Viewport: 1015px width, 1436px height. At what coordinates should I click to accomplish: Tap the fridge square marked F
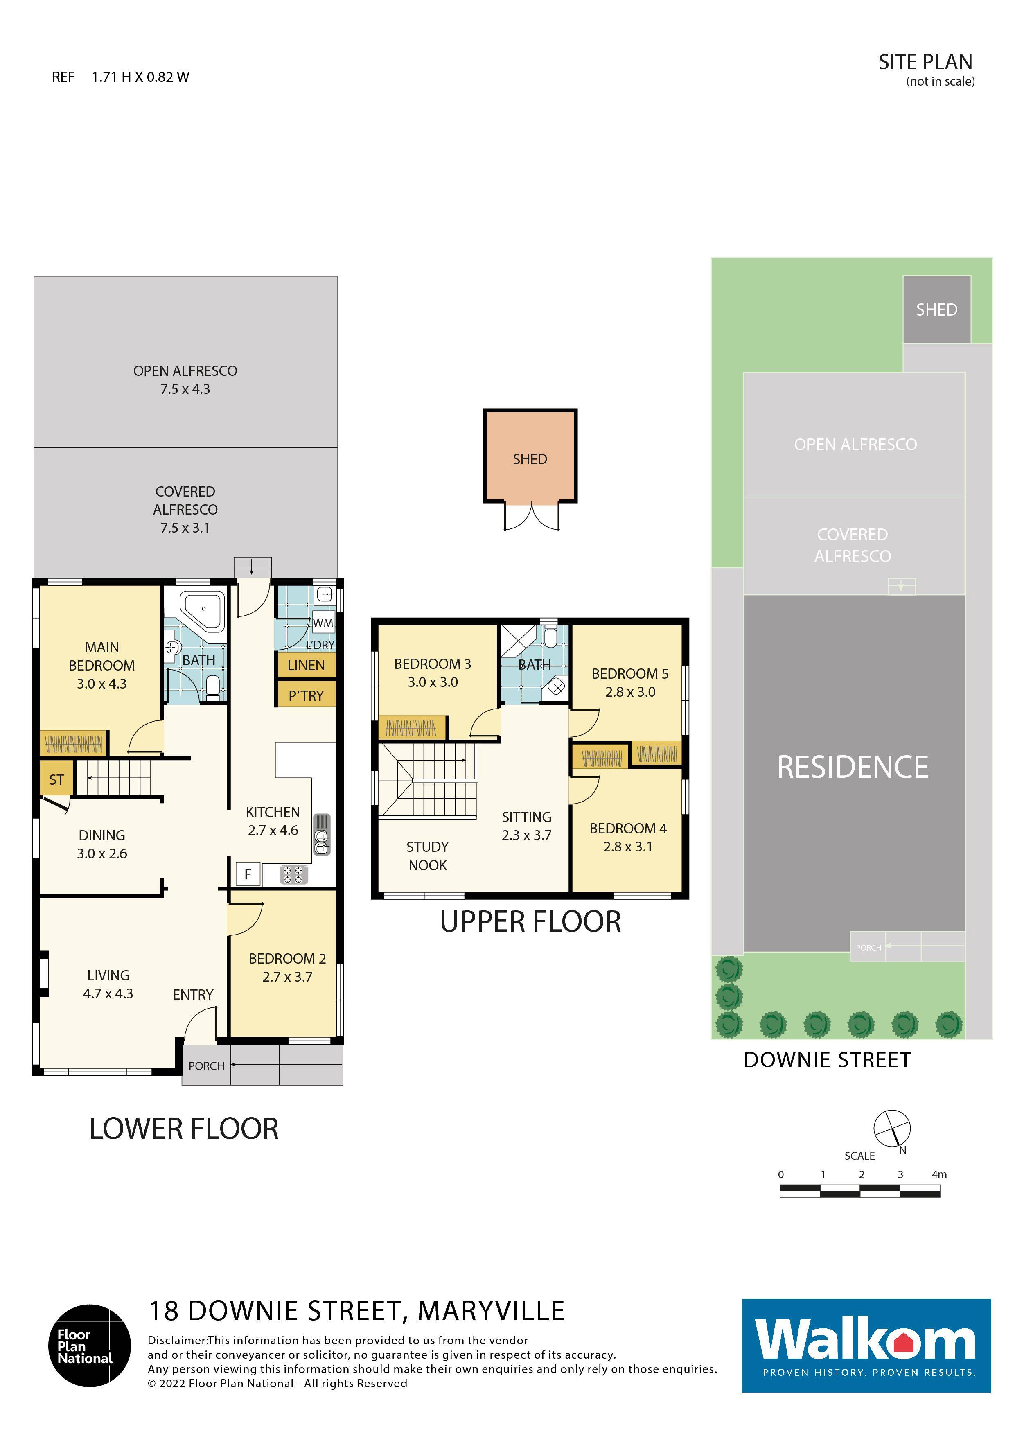click(248, 874)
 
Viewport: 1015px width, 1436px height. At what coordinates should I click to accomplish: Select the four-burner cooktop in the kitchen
click(293, 874)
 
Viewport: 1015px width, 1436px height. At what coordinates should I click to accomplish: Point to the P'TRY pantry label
click(306, 695)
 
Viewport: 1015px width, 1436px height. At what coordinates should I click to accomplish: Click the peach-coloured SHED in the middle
click(530, 456)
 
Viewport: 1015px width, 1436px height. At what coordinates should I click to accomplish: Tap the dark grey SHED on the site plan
click(936, 309)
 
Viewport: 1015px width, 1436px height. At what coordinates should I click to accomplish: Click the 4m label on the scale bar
click(939, 1174)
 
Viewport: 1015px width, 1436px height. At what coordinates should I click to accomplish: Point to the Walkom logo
click(866, 1345)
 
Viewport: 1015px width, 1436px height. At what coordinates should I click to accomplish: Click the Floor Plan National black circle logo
click(90, 1345)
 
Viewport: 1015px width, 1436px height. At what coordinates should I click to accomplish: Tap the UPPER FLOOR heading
click(530, 921)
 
